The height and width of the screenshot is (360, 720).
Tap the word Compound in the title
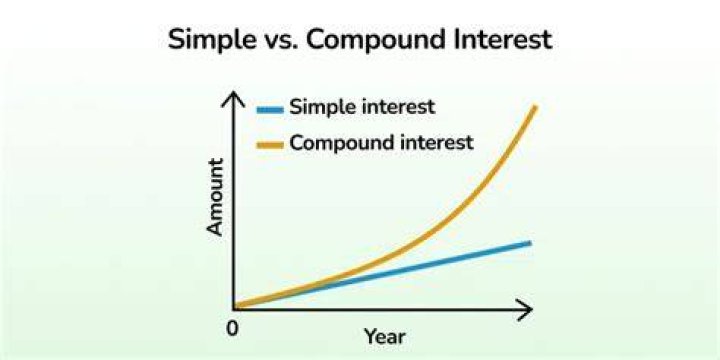point(375,40)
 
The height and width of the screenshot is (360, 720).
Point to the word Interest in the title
point(502,39)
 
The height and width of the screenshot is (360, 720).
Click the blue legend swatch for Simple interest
point(270,110)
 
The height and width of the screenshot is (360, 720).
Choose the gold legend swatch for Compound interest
point(270,145)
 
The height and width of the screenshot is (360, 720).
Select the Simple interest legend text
point(362,108)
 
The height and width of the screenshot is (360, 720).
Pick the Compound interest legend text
point(381,143)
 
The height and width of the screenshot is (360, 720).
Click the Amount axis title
point(215,197)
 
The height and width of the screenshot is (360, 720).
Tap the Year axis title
point(385,337)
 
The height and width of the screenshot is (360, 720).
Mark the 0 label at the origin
point(232,329)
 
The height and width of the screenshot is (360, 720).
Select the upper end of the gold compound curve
point(535,107)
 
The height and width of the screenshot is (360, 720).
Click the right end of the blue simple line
point(529,242)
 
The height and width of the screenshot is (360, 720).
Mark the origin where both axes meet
point(234,309)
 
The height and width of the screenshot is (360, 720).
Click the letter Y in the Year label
point(371,337)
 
